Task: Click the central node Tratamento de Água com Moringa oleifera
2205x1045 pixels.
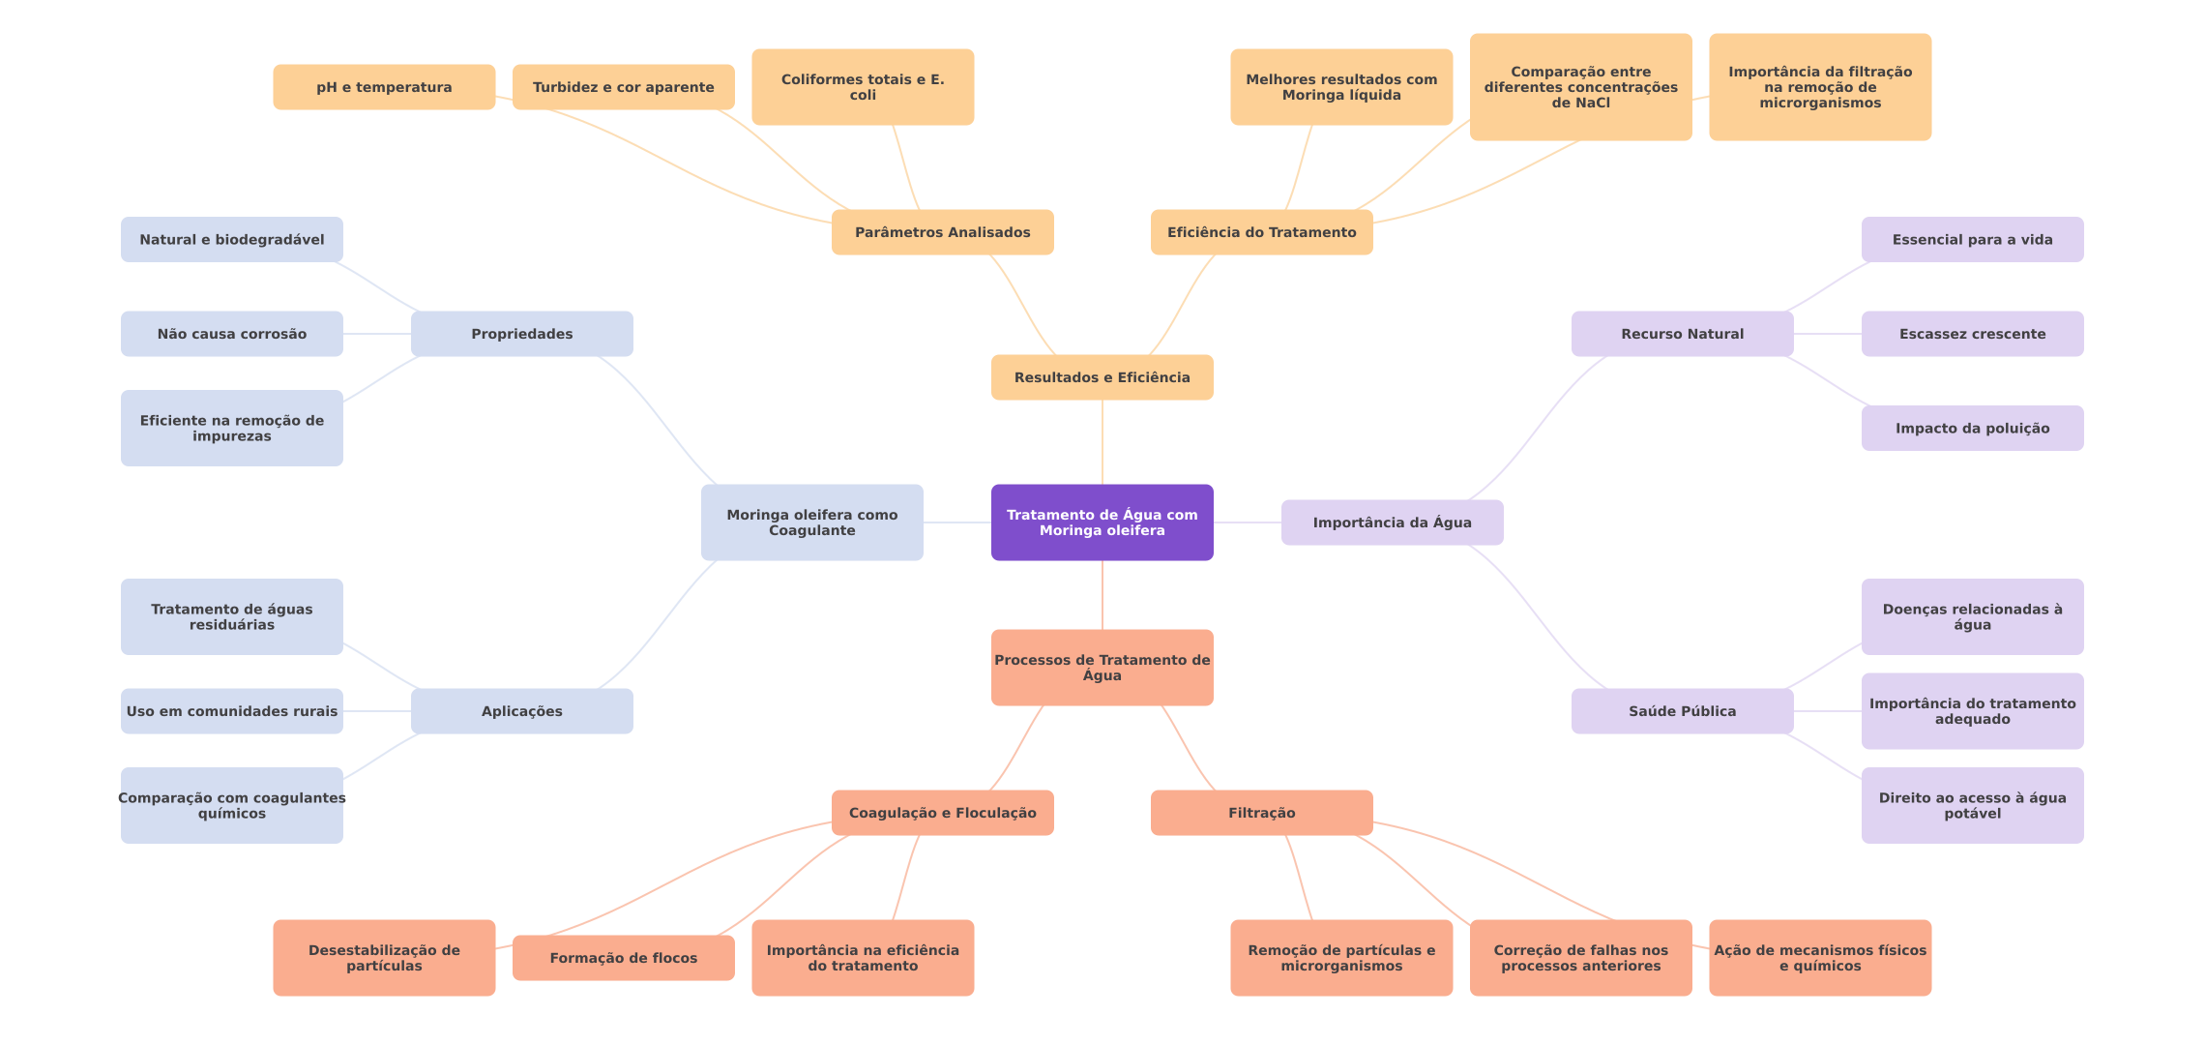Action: tap(1102, 522)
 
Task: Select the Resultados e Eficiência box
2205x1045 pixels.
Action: tap(1102, 377)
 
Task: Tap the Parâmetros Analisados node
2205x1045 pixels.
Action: tap(942, 232)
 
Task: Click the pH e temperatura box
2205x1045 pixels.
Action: tap(384, 87)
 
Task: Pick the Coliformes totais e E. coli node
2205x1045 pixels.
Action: tap(863, 87)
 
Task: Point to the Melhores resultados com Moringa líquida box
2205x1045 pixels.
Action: tap(1341, 87)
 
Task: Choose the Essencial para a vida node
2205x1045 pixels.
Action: tap(1972, 240)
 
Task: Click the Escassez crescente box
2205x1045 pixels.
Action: tap(1972, 334)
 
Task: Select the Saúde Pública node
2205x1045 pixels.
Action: tap(1682, 711)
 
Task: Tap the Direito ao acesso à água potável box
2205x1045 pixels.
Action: tap(1972, 805)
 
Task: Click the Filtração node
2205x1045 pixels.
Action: tap(1261, 813)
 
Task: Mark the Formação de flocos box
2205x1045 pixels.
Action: tap(623, 958)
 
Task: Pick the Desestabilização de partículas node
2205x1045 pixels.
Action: tap(384, 958)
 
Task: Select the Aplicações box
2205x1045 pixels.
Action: tap(521, 711)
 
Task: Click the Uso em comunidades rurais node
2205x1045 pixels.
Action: tap(231, 711)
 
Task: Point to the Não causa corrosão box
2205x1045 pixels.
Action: tap(231, 334)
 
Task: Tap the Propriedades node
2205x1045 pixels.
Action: tap(521, 334)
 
